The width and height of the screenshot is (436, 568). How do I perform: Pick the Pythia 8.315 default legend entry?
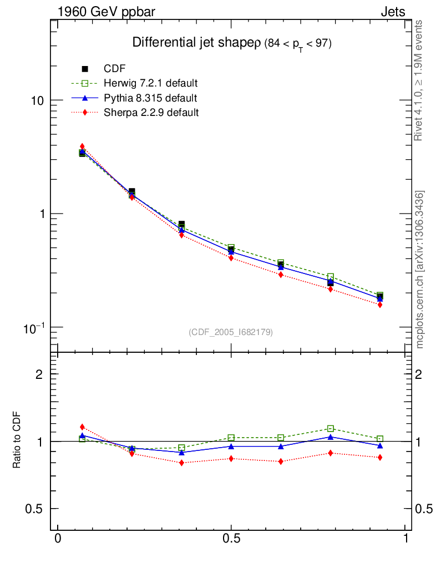150,98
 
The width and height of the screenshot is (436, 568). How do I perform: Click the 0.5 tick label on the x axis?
231,539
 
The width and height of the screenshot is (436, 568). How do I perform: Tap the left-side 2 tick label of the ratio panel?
39,374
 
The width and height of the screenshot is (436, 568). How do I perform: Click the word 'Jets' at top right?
392,12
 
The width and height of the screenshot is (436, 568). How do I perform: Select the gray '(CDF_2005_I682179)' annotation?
231,332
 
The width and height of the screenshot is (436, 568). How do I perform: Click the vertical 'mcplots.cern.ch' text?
420,270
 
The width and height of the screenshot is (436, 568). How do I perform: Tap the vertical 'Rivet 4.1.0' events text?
420,80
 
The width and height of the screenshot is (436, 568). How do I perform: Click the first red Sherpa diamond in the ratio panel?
82,427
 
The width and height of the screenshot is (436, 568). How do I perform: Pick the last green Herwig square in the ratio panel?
380,439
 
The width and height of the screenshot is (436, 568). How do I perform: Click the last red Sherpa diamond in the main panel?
380,305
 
